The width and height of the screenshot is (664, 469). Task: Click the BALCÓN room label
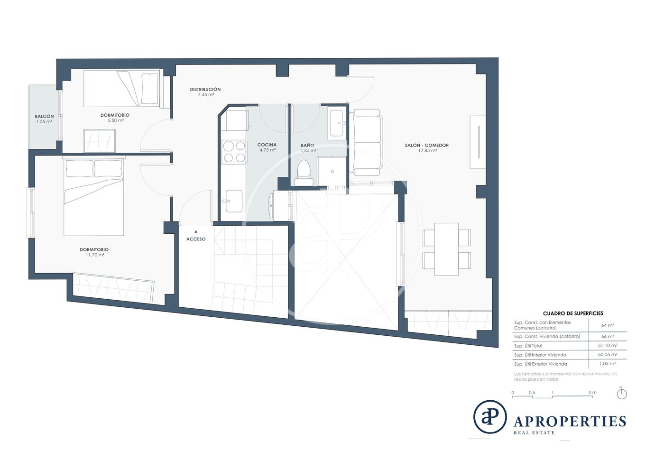point(44,116)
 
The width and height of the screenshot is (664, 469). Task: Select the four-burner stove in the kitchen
point(234,151)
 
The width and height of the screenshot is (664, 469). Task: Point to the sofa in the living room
point(366,142)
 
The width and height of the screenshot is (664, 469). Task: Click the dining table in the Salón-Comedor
point(446,249)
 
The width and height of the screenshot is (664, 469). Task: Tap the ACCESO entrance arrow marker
point(195,231)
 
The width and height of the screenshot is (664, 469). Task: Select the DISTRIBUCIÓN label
point(205,89)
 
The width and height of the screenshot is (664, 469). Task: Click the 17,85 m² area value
point(427,151)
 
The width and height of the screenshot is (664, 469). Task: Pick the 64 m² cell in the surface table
point(608,325)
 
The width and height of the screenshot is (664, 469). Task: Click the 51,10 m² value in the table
point(608,345)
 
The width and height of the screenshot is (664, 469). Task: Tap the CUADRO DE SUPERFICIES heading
point(573,313)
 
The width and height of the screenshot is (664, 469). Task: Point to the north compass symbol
point(622,394)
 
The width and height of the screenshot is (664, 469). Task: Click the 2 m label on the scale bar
point(592,392)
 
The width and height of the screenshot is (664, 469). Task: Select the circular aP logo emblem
point(489,417)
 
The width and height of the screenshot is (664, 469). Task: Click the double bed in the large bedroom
point(94,197)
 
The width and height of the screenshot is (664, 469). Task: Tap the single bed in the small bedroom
point(122,88)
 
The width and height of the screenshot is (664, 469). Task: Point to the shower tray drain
point(332,172)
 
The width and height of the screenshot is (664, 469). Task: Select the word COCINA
point(267,145)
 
